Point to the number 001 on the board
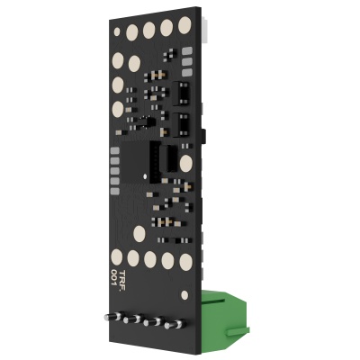114,277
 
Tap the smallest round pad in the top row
117,31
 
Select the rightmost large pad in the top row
184,25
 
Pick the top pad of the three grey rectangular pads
187,51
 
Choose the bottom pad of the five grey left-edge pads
115,192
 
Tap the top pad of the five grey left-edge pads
115,151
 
